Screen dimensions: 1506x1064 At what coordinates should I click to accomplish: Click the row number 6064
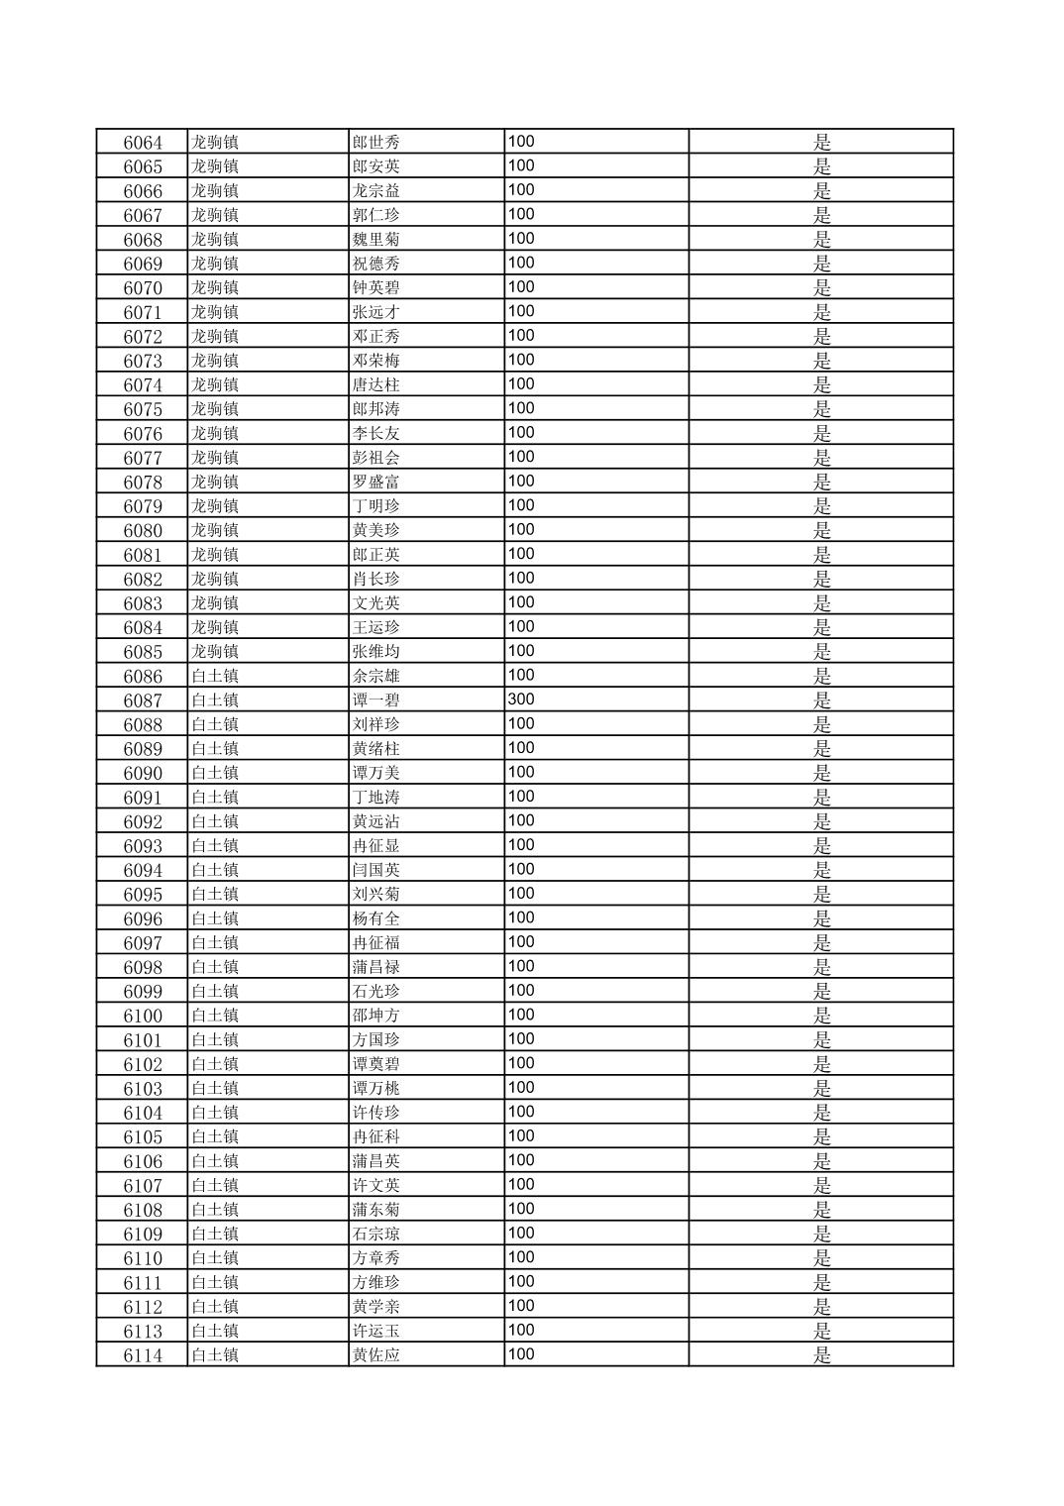[x=143, y=143]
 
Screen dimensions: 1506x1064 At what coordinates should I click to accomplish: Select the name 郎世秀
[x=376, y=143]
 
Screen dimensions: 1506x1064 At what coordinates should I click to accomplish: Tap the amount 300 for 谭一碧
[x=521, y=699]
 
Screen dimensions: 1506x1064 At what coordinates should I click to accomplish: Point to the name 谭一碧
[x=376, y=700]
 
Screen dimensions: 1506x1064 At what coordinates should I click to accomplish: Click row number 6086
[x=143, y=677]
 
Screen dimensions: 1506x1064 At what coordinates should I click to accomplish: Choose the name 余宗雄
[x=376, y=677]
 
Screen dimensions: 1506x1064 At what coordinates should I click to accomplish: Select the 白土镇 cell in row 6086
[x=215, y=677]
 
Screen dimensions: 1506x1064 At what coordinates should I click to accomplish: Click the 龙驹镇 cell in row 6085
[x=215, y=652]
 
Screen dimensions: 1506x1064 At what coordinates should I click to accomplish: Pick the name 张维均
[x=376, y=652]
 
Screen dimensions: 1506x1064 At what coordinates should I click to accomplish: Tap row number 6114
[x=143, y=1355]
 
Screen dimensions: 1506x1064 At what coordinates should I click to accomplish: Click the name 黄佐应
[x=376, y=1355]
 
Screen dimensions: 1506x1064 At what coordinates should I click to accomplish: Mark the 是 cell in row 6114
[x=821, y=1355]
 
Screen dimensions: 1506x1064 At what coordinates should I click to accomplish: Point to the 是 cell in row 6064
[x=821, y=143]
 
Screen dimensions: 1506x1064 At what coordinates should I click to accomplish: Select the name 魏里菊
[x=376, y=240]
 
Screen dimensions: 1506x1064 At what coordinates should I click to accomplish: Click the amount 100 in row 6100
[x=521, y=1015]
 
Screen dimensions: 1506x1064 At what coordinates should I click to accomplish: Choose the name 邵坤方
[x=376, y=1016]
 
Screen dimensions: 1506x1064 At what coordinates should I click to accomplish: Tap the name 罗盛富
[x=376, y=483]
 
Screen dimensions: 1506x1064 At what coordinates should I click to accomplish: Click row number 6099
[x=143, y=992]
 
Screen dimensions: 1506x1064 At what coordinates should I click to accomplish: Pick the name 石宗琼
[x=376, y=1235]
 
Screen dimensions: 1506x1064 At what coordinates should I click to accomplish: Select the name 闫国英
[x=376, y=870]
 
